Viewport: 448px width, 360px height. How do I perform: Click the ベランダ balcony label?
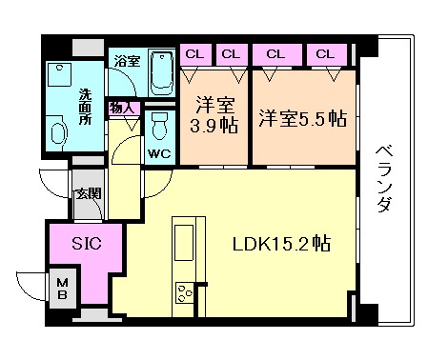[385, 178]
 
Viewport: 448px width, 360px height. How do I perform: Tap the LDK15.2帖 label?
[281, 244]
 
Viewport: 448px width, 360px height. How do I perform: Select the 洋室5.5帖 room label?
[302, 118]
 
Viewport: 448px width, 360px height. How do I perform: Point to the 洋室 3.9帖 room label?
[214, 115]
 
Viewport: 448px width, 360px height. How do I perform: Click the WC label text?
[159, 154]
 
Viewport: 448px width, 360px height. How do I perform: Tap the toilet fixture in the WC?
[159, 127]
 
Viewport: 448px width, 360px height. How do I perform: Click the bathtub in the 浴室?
[162, 73]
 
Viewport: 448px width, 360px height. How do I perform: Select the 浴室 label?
[127, 61]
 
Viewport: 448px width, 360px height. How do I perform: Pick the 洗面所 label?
[85, 107]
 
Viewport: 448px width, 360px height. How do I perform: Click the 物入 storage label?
[121, 109]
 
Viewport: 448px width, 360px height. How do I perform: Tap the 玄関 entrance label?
[89, 193]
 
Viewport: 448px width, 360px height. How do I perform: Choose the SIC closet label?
[87, 244]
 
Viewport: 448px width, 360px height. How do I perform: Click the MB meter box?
[63, 289]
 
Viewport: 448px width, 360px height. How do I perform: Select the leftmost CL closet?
[195, 54]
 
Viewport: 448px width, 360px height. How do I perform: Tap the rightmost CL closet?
[326, 54]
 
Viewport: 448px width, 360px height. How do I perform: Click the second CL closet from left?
[232, 54]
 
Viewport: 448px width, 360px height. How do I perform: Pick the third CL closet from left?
[276, 54]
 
